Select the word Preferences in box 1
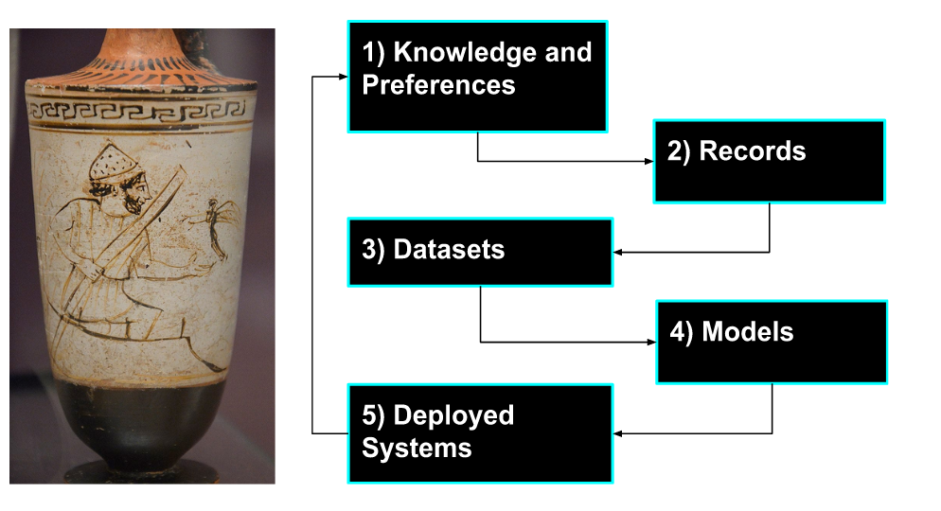click(x=438, y=85)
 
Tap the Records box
click(x=769, y=161)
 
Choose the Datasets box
click(x=480, y=252)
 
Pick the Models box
click(x=772, y=342)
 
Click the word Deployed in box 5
click(x=453, y=415)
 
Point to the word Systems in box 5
click(x=417, y=448)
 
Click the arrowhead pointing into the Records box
click(x=648, y=161)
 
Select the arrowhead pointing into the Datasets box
click(x=619, y=252)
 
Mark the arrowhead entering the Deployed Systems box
click(x=619, y=433)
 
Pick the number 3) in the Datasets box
click(x=373, y=250)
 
